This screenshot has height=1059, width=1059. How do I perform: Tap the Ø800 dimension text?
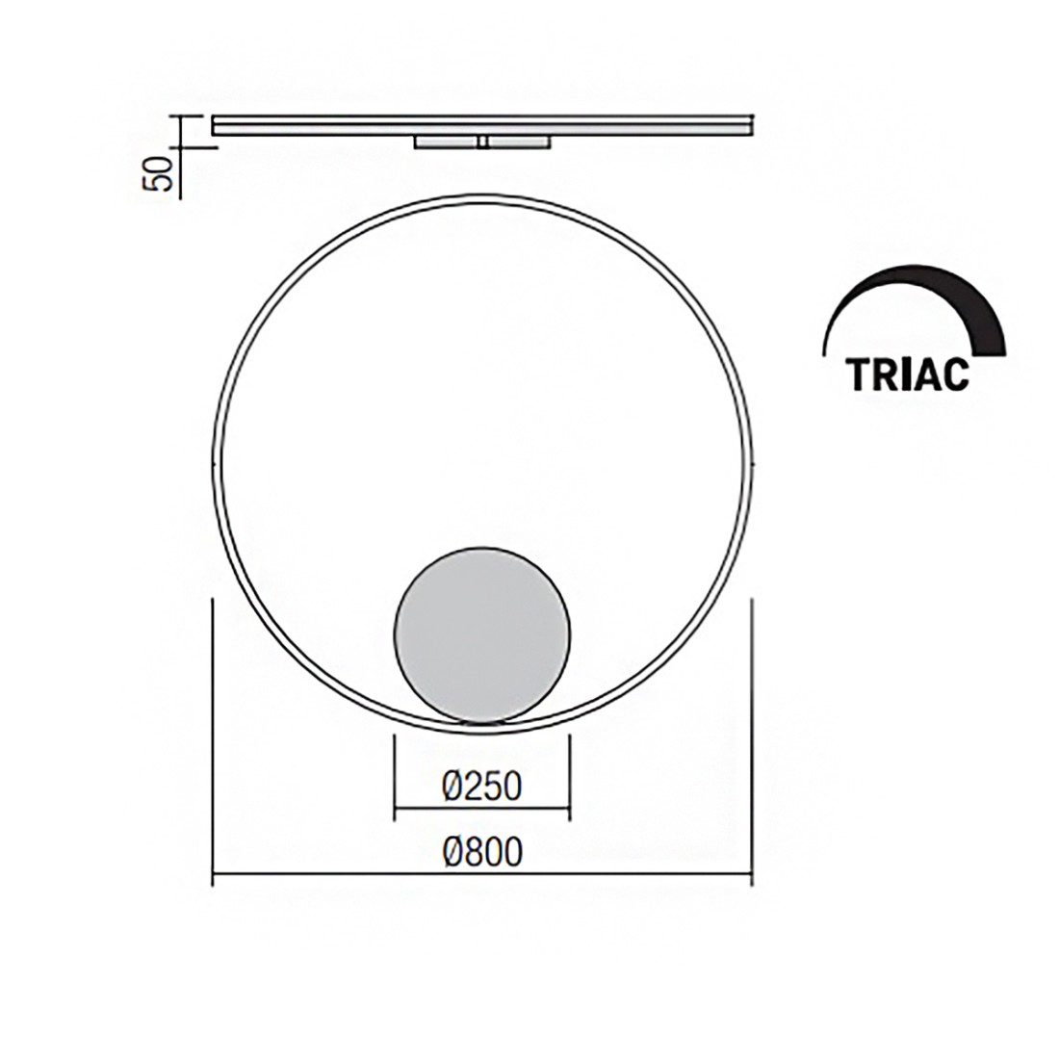coord(481,851)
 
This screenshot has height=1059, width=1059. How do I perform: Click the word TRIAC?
coord(908,375)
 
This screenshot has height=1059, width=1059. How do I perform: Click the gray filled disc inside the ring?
coord(481,632)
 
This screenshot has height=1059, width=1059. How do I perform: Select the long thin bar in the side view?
coord(481,125)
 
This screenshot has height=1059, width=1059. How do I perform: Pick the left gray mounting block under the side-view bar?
coord(445,142)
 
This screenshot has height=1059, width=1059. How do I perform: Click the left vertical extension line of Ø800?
coord(212,741)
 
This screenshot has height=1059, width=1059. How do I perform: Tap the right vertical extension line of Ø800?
coord(752,741)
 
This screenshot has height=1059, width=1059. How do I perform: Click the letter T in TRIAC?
coord(860,375)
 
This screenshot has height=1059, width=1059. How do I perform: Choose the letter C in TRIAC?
coord(953,375)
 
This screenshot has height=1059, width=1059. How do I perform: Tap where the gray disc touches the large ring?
coord(481,721)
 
